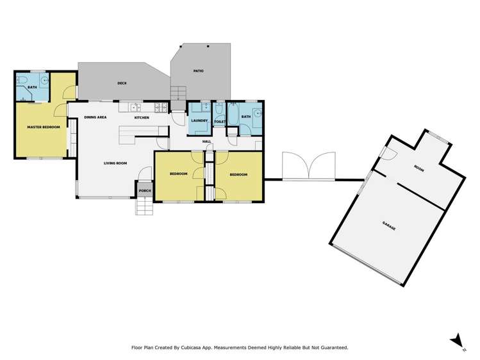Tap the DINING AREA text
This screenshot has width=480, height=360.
click(x=95, y=118)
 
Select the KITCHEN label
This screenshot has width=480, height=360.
click(x=142, y=118)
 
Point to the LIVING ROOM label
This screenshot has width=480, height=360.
click(x=115, y=163)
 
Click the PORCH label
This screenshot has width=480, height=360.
click(x=145, y=191)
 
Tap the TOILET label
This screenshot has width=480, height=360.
click(x=219, y=121)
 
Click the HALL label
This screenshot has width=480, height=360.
click(x=207, y=142)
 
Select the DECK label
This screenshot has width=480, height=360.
click(x=122, y=83)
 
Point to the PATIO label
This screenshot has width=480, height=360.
click(x=198, y=70)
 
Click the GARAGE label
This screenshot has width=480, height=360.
click(x=389, y=224)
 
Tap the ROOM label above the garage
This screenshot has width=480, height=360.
click(x=419, y=168)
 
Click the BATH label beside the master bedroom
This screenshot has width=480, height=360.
click(x=32, y=86)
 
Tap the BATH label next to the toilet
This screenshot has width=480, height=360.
click(x=245, y=117)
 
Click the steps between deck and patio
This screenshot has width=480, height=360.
click(x=178, y=94)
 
